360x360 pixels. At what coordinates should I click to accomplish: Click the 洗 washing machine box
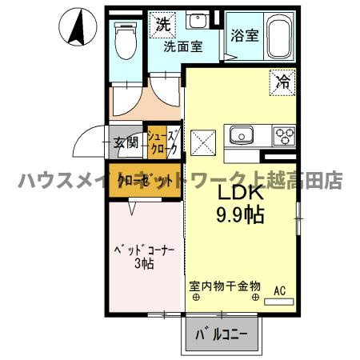point(162,24)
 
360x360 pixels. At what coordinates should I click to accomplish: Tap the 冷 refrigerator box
point(282,81)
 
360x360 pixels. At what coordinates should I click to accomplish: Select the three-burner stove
point(284,134)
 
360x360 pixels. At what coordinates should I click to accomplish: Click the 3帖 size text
point(142,265)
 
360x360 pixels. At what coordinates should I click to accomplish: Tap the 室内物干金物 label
point(225,285)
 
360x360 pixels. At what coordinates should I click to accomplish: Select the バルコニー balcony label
point(223,333)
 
